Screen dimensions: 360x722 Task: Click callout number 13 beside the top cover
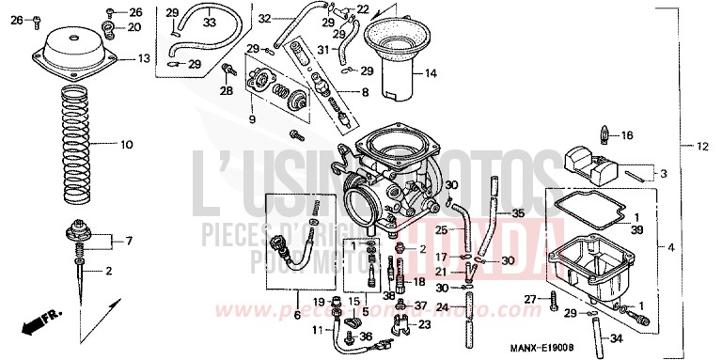pos(144,58)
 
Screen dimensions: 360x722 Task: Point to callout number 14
pos(431,73)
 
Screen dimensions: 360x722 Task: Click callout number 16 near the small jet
pos(627,134)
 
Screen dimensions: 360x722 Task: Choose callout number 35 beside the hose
pos(518,213)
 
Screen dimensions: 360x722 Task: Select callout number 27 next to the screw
pos(529,300)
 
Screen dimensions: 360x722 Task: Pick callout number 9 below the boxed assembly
pos(252,120)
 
